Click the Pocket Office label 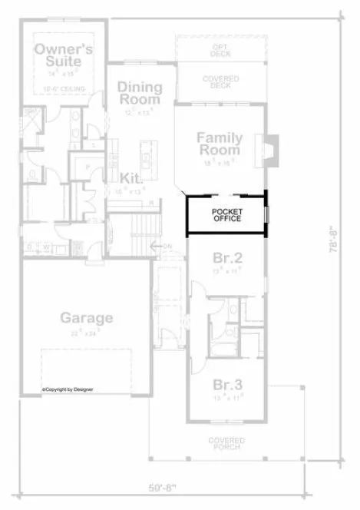226,215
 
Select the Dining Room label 139,94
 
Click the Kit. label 131,177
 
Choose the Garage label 87,317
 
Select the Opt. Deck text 221,50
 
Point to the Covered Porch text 226,444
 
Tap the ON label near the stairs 168,246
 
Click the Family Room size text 220,163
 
